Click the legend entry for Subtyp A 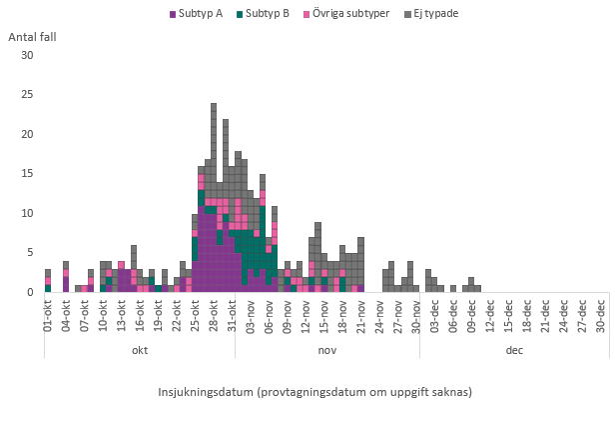coord(201,14)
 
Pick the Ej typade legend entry coord(438,14)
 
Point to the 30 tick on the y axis coord(27,55)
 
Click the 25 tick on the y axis coord(27,95)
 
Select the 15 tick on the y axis coord(27,174)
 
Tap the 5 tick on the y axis coord(30,253)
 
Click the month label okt coord(140,351)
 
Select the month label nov coord(327,351)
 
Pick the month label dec coord(514,351)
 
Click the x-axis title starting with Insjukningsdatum coord(315,391)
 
